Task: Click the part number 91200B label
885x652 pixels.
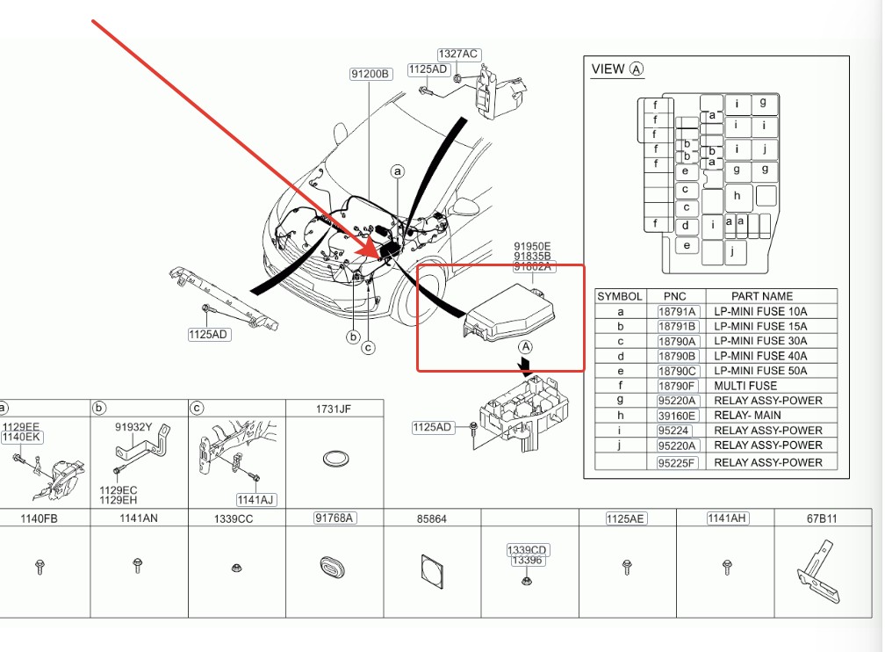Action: [x=371, y=74]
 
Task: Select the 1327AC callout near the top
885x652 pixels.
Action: [x=458, y=54]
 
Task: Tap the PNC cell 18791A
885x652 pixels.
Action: [x=677, y=311]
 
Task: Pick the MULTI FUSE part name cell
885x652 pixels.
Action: [x=745, y=386]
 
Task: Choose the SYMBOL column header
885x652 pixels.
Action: [x=620, y=296]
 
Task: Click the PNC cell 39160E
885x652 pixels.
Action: [x=677, y=416]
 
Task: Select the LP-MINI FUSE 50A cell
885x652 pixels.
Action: [x=760, y=371]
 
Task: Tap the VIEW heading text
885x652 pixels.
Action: [x=608, y=69]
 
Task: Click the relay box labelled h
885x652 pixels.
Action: [x=737, y=196]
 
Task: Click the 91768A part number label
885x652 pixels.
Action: [x=335, y=518]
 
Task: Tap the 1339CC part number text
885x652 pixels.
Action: [x=234, y=519]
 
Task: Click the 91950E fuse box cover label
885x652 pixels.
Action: [x=533, y=246]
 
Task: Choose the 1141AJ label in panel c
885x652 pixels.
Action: [x=255, y=500]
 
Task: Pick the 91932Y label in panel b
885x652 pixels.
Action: [x=133, y=427]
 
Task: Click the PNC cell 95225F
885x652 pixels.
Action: [x=677, y=462]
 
